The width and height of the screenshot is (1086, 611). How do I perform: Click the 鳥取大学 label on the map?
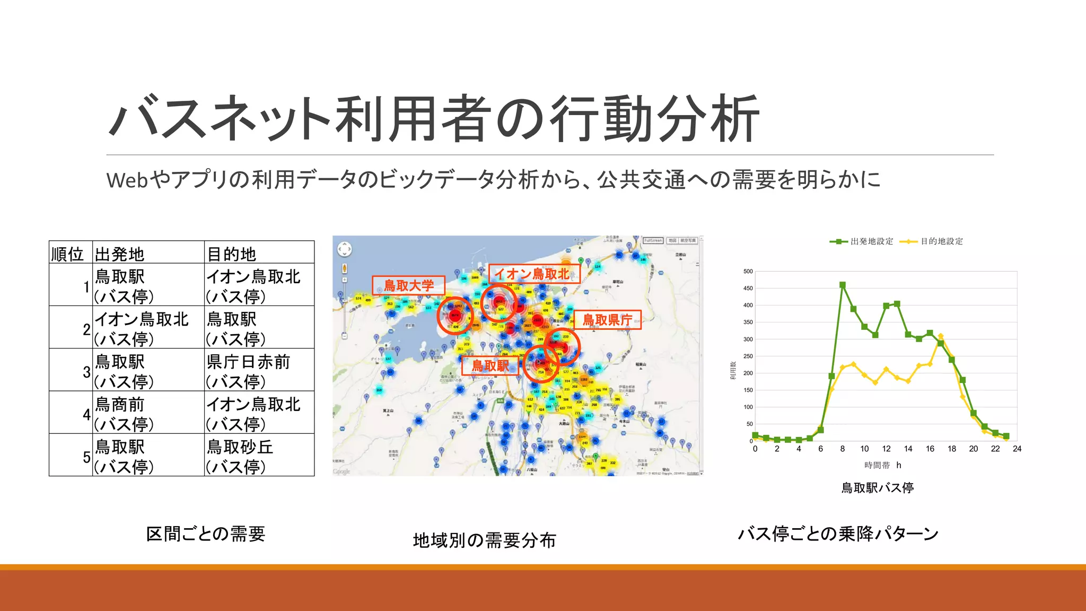pyautogui.click(x=408, y=285)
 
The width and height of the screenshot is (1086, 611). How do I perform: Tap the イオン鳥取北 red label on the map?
pyautogui.click(x=533, y=274)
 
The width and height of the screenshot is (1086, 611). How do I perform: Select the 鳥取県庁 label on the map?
pyautogui.click(x=608, y=320)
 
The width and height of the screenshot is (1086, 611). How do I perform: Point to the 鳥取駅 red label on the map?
pyautogui.click(x=490, y=365)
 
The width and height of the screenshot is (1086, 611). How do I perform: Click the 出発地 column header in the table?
pyautogui.click(x=120, y=254)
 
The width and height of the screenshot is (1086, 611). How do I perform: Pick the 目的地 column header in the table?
pyautogui.click(x=232, y=254)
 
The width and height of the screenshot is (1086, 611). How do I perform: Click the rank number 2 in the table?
pyautogui.click(x=86, y=329)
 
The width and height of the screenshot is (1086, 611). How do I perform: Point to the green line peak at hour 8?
pyautogui.click(x=843, y=285)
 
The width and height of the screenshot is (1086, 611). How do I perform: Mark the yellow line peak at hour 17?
pyautogui.click(x=941, y=336)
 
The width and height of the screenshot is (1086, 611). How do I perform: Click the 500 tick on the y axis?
pyautogui.click(x=748, y=272)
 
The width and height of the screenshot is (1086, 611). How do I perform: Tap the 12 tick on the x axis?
pyautogui.click(x=886, y=449)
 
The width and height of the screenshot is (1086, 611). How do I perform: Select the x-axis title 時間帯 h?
pyautogui.click(x=882, y=465)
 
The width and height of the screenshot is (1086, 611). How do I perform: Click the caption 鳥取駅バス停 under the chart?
pyautogui.click(x=878, y=487)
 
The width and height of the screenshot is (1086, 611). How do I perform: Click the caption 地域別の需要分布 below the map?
pyautogui.click(x=484, y=540)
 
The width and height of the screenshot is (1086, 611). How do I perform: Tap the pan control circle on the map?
pyautogui.click(x=345, y=249)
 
